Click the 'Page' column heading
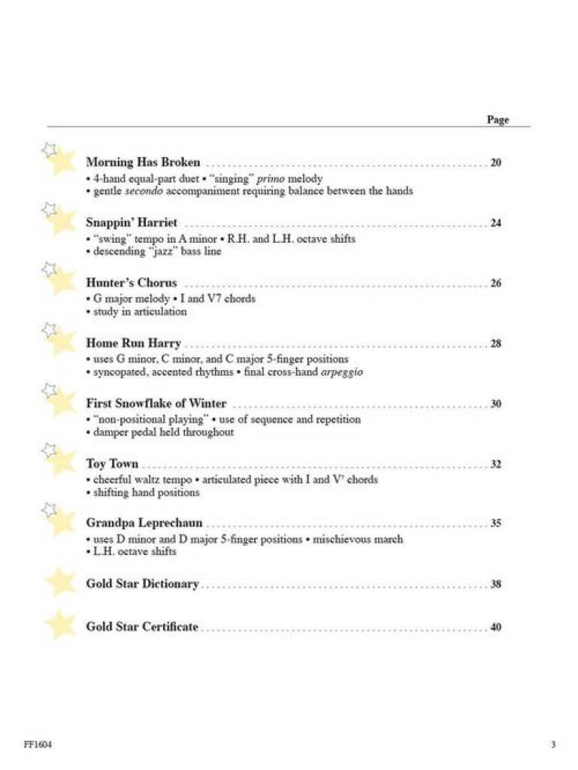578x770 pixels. click(498, 120)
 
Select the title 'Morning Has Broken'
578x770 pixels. click(143, 162)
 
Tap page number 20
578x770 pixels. click(495, 163)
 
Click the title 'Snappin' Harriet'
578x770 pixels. click(132, 223)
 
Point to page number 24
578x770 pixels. click(495, 223)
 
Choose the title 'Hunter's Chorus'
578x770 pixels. click(132, 283)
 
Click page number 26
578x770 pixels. click(495, 283)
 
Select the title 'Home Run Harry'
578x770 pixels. click(133, 344)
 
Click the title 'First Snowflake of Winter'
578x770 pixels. click(156, 404)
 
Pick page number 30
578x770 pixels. click(495, 404)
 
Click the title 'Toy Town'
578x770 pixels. click(112, 464)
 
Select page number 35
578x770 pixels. click(495, 524)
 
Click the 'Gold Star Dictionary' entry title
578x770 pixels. click(142, 584)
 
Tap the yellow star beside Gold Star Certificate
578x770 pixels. click(60, 625)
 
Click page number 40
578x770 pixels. click(495, 627)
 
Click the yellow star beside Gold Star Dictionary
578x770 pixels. click(60, 582)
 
